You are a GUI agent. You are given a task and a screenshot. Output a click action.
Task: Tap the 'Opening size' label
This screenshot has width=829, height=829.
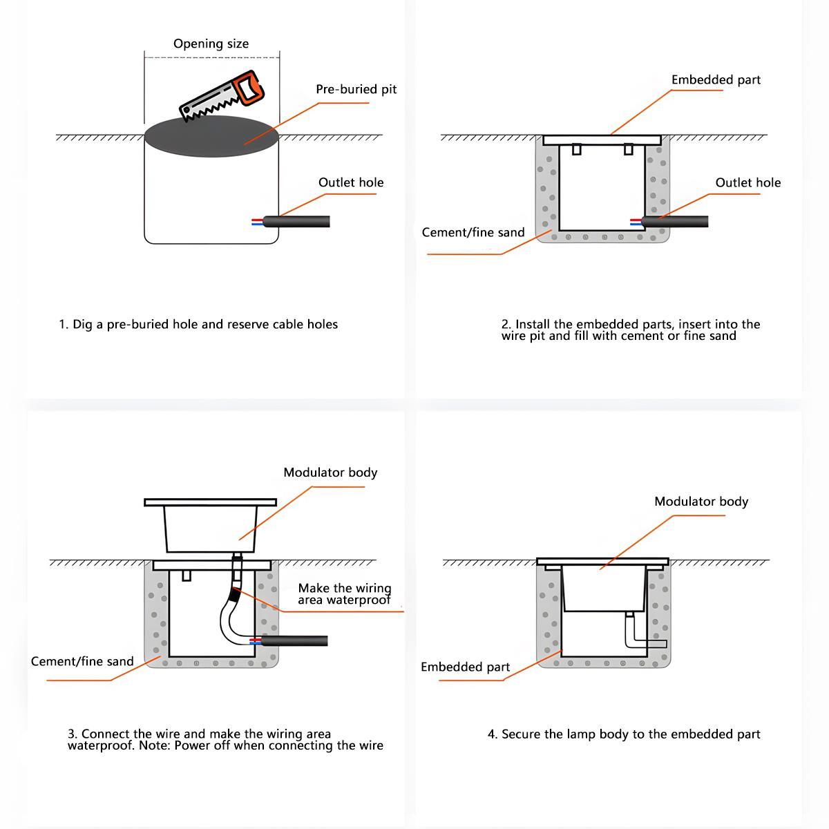tap(211, 44)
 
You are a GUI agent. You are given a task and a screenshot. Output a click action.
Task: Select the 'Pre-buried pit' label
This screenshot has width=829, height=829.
tap(356, 89)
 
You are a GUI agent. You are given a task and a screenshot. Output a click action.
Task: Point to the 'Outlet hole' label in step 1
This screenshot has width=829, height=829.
tap(350, 182)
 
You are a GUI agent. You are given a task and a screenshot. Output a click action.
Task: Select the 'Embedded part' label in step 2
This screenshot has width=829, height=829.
tap(715, 79)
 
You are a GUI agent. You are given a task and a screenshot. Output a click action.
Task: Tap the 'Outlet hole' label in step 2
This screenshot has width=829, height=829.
tap(747, 182)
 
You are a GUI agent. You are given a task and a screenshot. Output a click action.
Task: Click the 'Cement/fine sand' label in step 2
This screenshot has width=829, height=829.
tap(473, 232)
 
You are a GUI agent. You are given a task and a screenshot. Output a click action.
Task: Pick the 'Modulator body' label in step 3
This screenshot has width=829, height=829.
tap(330, 473)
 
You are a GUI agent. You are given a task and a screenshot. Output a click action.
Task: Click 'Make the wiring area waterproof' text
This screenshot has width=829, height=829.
tap(344, 593)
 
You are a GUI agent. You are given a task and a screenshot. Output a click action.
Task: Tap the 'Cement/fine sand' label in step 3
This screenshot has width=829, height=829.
tap(82, 661)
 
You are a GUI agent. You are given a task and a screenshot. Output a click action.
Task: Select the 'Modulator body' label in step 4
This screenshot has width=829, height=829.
tap(701, 502)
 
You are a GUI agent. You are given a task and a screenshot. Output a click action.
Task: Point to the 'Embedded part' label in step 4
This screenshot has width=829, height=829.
tap(465, 667)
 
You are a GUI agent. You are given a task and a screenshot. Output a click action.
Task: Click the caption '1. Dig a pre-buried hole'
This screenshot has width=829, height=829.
tap(198, 324)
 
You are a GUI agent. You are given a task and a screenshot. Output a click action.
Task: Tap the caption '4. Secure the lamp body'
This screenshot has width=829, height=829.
tap(624, 734)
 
